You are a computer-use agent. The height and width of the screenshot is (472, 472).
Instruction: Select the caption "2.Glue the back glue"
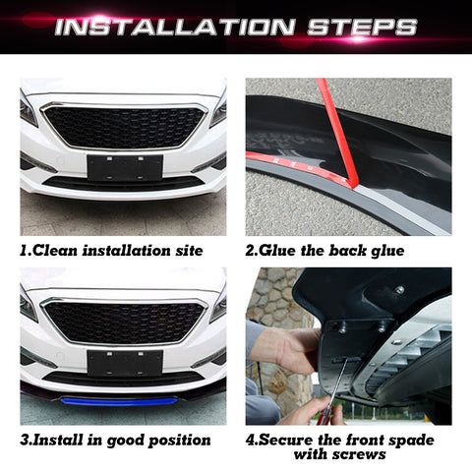[324, 251]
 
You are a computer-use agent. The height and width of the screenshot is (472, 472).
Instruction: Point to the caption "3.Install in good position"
[115, 440]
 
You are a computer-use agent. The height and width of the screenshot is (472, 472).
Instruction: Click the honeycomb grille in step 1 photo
[123, 126]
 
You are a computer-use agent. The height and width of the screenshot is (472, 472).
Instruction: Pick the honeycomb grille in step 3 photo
[123, 321]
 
